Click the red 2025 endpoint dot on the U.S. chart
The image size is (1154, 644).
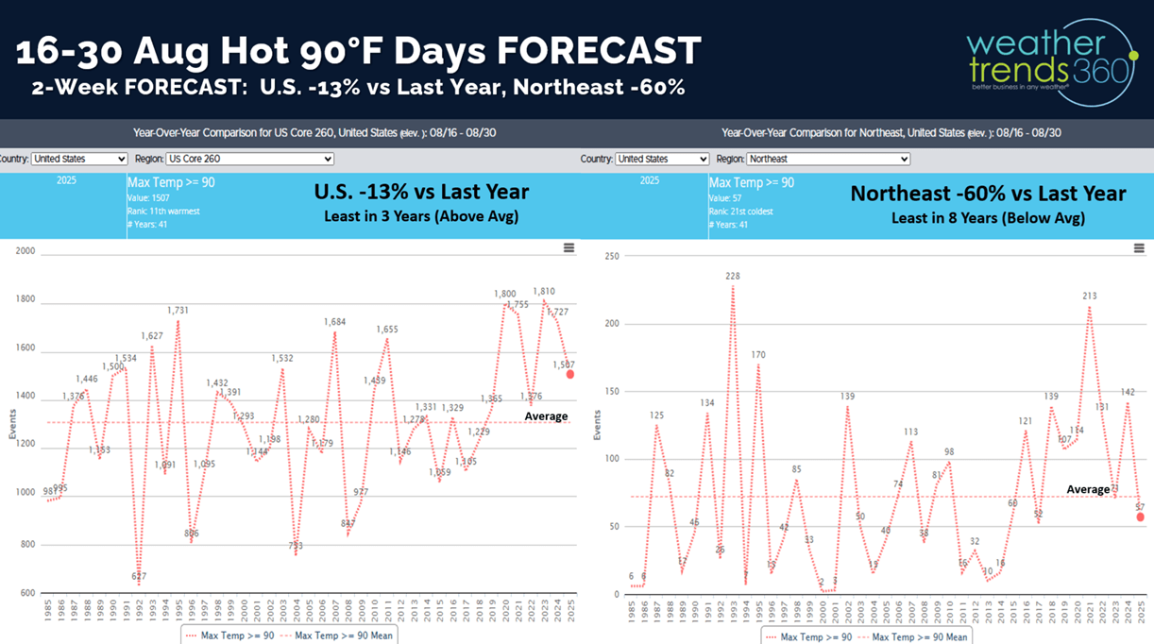[569, 374]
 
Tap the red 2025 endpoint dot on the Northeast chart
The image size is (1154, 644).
[1141, 517]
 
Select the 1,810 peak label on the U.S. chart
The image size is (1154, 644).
[544, 292]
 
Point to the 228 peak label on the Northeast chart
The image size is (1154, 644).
[733, 277]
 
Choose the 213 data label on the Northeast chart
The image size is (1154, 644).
[1089, 297]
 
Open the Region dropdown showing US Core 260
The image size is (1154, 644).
[249, 159]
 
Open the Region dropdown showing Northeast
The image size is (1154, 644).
[826, 159]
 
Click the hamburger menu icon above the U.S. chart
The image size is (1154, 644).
[569, 248]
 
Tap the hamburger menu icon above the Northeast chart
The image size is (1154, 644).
[1139, 248]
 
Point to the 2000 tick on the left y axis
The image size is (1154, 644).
[25, 251]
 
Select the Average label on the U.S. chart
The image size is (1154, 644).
[546, 416]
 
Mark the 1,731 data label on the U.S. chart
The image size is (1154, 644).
[178, 311]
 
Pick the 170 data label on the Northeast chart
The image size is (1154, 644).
[758, 355]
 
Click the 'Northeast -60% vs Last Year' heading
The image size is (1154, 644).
[988, 194]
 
